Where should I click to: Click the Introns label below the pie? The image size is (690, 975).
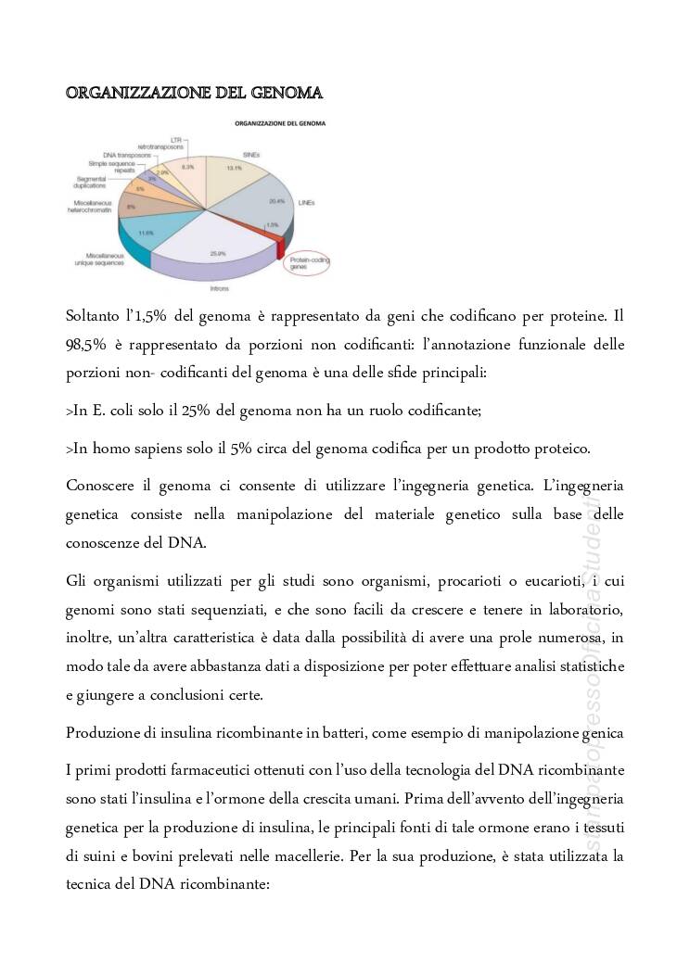click(220, 288)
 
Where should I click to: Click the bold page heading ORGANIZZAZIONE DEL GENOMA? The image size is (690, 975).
click(194, 93)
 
